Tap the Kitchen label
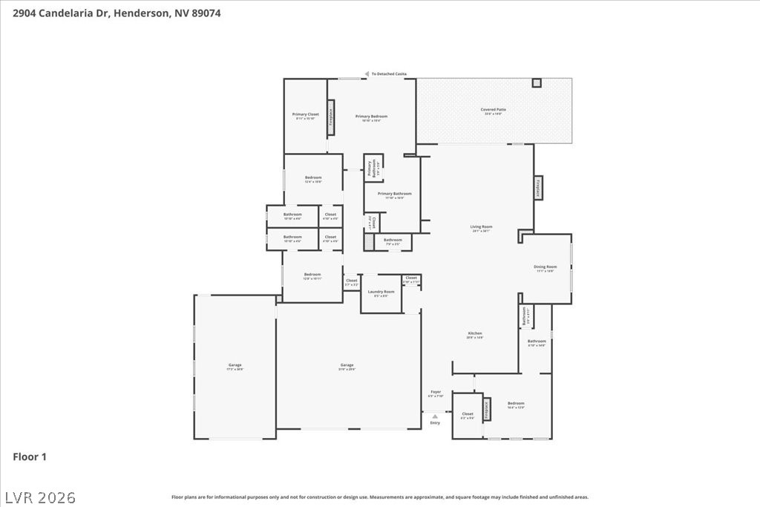point(475,335)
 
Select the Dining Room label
point(545,268)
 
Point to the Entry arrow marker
point(435,416)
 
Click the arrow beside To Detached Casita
point(366,74)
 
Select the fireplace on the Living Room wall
point(538,187)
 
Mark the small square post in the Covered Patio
point(536,82)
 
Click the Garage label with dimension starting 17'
point(235,366)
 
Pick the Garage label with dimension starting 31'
point(347,366)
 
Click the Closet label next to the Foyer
point(468,415)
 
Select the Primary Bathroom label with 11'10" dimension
point(390,195)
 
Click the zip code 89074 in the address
point(205,13)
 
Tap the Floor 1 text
point(30,457)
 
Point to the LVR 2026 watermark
point(40,497)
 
